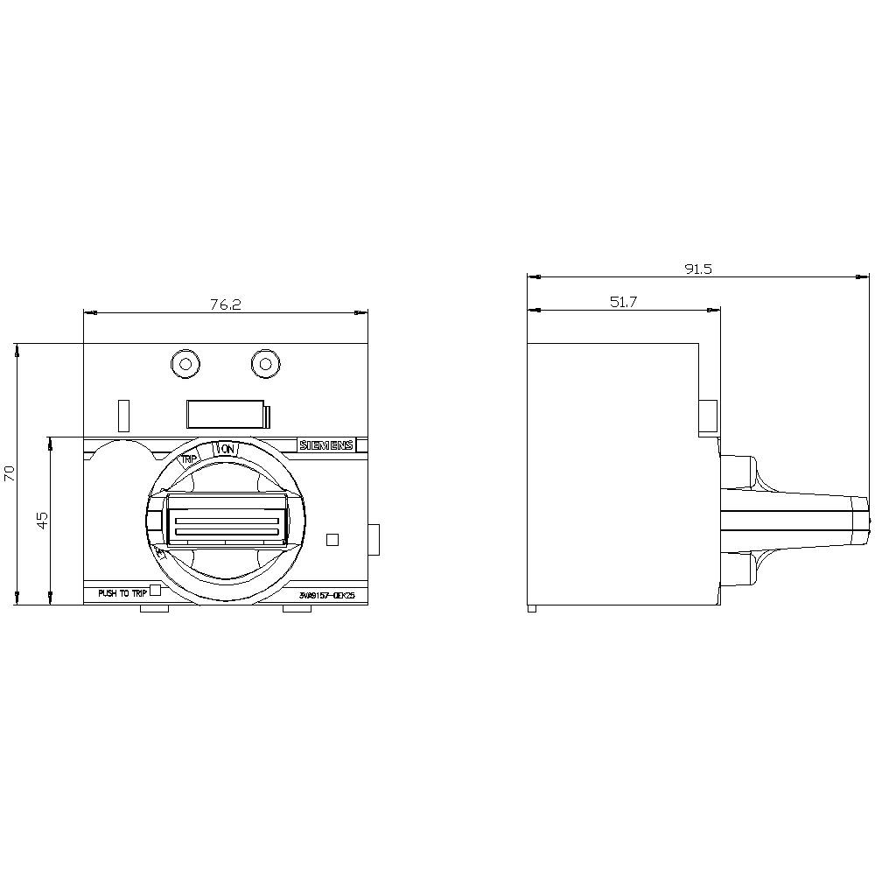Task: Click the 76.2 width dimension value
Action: (x=225, y=304)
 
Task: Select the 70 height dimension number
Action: (x=10, y=473)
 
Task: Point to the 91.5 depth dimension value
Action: (x=697, y=269)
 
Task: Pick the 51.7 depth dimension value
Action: (x=623, y=302)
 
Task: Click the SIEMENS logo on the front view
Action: (x=326, y=445)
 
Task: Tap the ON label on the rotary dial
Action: (x=227, y=449)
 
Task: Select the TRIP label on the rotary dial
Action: (x=189, y=458)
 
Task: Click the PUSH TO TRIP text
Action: (x=122, y=593)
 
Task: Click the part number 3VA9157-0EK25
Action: (x=326, y=596)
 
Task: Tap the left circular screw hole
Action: (x=184, y=363)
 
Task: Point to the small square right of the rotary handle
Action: (x=332, y=540)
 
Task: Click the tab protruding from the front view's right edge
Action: (x=374, y=539)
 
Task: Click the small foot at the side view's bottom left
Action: (x=532, y=608)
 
